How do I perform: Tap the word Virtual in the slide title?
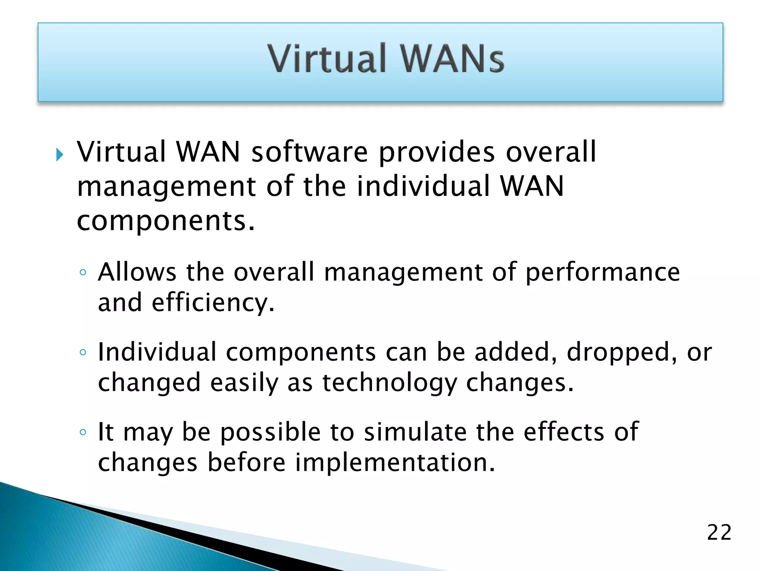coord(327,58)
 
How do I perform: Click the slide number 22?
coord(719,532)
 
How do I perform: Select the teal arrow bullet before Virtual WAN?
coord(60,154)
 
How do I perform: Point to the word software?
coord(310,152)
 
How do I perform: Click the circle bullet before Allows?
coord(83,272)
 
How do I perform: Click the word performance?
coord(603,272)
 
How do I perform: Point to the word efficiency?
coord(213,303)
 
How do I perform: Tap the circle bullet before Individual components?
coord(83,352)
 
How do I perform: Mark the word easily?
coord(244,383)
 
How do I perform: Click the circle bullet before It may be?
coord(83,432)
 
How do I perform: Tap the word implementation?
coord(395,463)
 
